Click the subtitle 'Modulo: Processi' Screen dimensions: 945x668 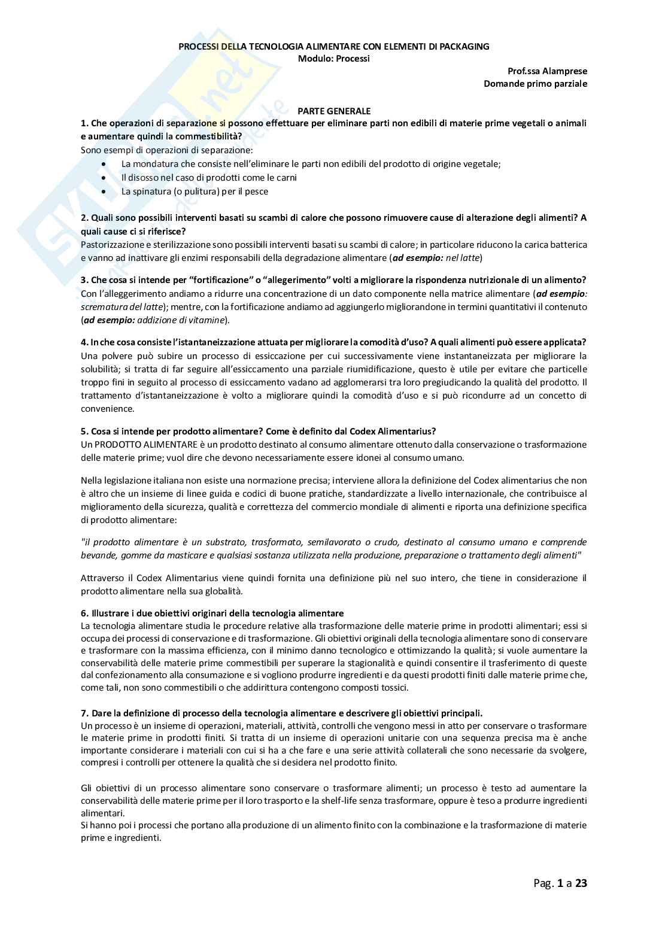(x=334, y=59)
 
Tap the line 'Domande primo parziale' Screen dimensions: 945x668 (x=535, y=84)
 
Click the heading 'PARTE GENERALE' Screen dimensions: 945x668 (x=334, y=111)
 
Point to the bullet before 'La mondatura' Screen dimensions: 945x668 (x=105, y=164)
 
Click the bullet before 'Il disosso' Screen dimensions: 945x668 (x=105, y=178)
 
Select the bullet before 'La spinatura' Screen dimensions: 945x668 (x=105, y=192)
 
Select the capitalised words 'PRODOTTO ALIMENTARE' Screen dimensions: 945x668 (x=134, y=445)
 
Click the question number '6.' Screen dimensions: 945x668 (x=84, y=613)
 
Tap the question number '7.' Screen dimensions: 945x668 (x=84, y=713)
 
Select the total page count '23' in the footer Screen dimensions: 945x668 (x=581, y=883)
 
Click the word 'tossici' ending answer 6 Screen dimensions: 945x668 (x=394, y=688)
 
